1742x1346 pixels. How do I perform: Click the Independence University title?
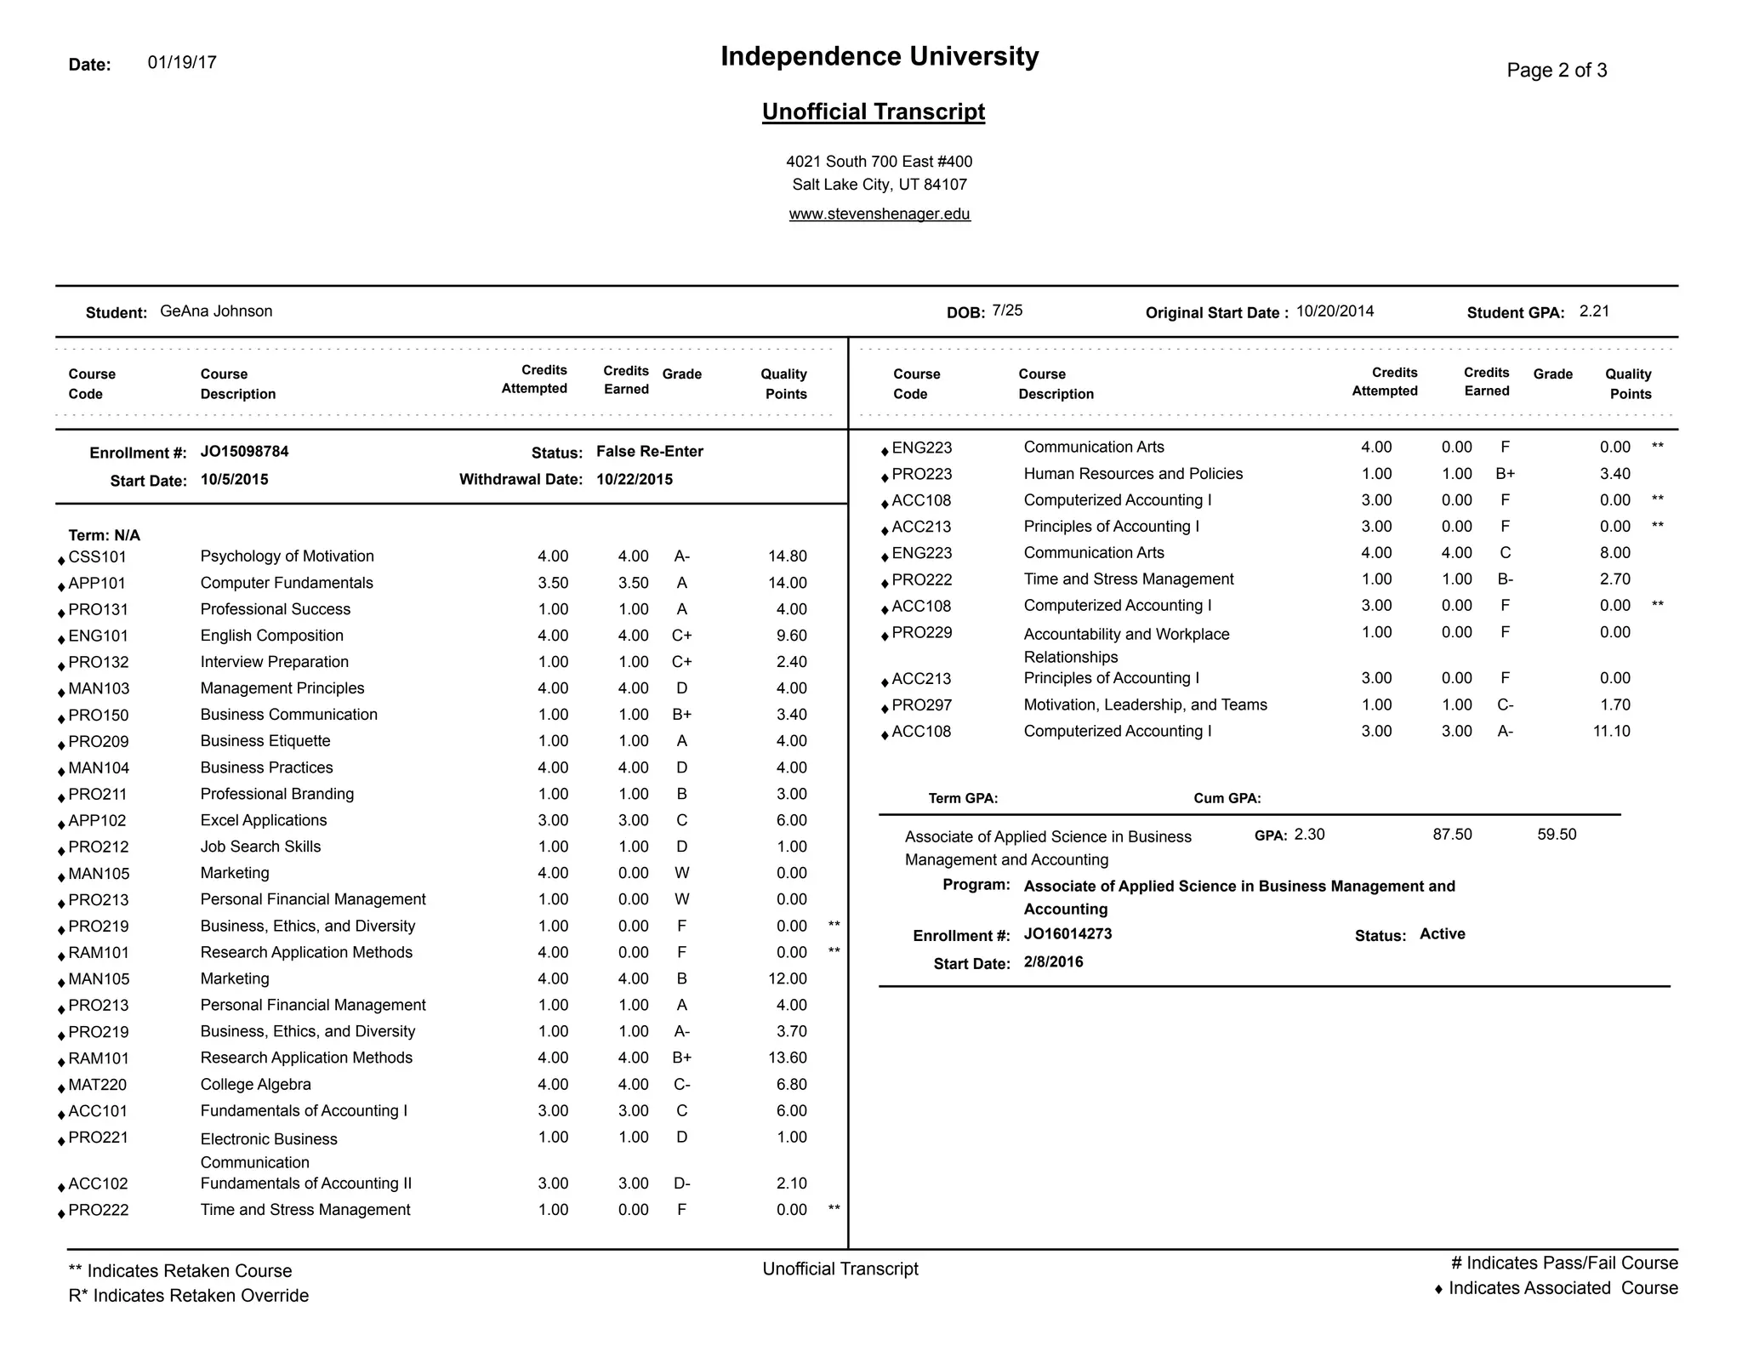[x=880, y=56]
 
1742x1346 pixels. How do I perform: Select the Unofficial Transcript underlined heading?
[x=873, y=111]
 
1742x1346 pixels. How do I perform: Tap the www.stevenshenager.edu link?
[x=880, y=214]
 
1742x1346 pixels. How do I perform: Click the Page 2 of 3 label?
[x=1557, y=70]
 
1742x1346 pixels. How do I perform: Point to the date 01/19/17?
[x=182, y=62]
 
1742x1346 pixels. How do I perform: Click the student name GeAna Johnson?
[x=216, y=311]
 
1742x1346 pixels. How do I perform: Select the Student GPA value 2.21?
[x=1594, y=311]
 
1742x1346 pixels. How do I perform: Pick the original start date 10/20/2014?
[x=1335, y=311]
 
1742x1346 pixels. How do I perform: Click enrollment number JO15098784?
[x=244, y=451]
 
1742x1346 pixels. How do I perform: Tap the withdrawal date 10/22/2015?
[x=634, y=479]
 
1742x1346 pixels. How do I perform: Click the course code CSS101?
[x=97, y=556]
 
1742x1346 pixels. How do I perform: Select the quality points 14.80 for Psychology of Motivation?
[x=787, y=556]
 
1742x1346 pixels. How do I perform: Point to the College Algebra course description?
[x=255, y=1084]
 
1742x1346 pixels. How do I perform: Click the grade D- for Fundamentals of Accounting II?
[x=681, y=1183]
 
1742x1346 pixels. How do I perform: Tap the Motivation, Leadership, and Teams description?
[x=1145, y=704]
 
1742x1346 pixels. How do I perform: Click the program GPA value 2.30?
[x=1309, y=834]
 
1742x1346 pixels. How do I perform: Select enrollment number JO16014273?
[x=1067, y=933]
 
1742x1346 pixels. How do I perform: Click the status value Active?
[x=1442, y=933]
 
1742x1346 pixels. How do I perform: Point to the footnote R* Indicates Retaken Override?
[x=188, y=1295]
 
